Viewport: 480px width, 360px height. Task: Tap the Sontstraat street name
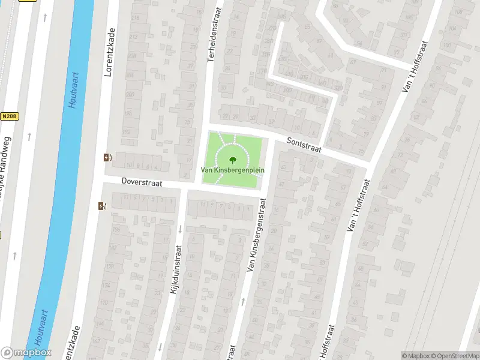coord(304,144)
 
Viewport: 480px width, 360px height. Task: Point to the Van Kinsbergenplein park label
coord(232,170)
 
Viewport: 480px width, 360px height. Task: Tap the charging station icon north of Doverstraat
coord(107,158)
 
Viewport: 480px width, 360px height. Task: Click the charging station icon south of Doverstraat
coord(101,206)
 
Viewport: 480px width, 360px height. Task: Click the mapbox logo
coord(26,352)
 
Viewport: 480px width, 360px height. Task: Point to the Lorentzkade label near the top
coord(109,54)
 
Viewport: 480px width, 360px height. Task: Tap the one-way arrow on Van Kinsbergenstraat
coord(243,301)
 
